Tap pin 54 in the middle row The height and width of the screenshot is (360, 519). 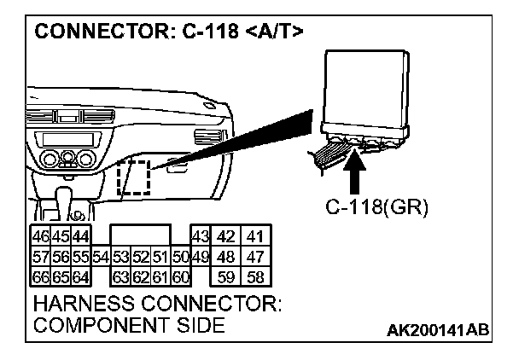point(100,256)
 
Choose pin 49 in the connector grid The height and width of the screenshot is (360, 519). point(201,256)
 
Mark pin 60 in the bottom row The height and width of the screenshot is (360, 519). point(180,276)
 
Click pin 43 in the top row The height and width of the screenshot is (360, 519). point(201,236)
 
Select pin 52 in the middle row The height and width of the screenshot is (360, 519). point(140,256)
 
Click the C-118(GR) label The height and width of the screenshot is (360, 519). point(376,207)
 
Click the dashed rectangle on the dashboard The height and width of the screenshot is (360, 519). point(134,178)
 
